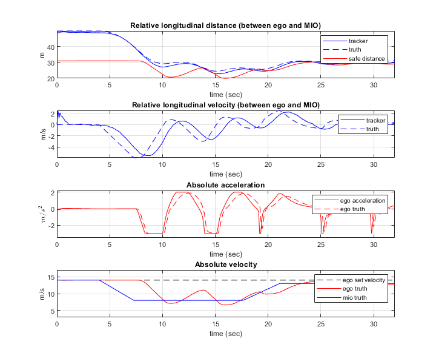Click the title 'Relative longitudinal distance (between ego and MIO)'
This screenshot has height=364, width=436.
225,25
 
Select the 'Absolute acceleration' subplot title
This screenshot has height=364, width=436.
225,184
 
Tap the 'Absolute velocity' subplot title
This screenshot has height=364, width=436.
225,265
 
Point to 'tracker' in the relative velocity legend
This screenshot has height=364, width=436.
375,120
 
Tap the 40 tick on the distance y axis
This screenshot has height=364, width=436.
51,47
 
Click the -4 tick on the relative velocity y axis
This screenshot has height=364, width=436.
52,147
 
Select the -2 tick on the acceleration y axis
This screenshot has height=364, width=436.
52,225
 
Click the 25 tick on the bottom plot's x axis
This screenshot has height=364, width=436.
321,325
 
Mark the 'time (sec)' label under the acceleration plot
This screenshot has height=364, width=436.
225,254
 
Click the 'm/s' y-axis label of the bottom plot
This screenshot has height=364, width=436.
42,294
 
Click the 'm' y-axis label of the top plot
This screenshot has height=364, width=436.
42,55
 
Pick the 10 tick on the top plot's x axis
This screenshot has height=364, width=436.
162,86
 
